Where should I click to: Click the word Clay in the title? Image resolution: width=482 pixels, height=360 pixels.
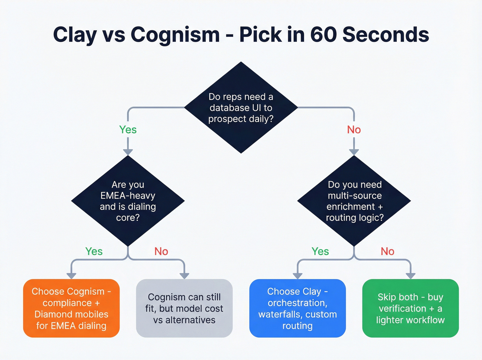point(75,35)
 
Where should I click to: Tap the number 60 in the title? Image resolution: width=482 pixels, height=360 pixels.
point(323,35)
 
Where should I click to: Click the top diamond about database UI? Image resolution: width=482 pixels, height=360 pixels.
point(241,107)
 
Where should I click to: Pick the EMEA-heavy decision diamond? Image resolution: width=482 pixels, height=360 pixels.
point(128,201)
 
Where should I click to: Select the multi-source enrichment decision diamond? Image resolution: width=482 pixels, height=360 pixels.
point(354,201)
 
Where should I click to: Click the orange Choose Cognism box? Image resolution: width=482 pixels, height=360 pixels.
point(71,308)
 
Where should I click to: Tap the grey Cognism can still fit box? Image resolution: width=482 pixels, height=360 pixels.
point(184,308)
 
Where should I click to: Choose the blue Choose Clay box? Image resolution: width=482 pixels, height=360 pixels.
point(297,308)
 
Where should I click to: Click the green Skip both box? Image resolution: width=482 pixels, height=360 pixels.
point(410,308)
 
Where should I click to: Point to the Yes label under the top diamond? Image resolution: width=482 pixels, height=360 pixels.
point(128,130)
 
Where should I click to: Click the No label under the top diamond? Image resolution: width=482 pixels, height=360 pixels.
point(354,130)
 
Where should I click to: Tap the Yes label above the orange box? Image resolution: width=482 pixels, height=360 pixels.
point(94,251)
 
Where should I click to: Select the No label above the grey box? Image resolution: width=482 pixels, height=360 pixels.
point(161,251)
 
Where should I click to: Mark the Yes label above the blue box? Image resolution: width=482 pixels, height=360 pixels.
point(320,251)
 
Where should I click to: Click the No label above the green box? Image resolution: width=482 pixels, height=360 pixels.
point(387,251)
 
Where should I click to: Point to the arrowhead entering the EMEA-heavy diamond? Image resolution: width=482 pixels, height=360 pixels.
point(128,152)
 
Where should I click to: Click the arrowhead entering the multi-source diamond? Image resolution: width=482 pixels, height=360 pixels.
point(354,152)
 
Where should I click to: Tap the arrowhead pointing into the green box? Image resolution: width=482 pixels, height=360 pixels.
point(410,276)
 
